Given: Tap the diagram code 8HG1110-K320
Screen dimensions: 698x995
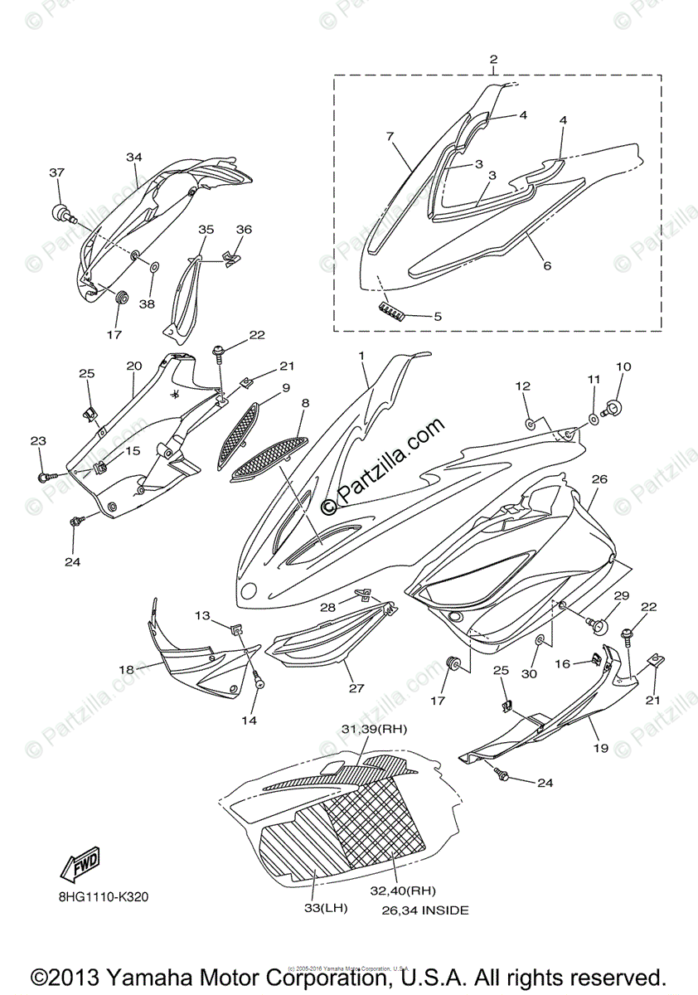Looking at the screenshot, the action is coord(104,896).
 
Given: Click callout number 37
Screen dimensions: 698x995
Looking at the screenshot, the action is coord(56,172).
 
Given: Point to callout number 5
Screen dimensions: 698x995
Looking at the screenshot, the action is coord(438,316).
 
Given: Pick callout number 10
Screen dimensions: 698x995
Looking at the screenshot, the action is coord(623,366).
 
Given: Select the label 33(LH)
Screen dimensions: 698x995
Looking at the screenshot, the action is coord(323,908).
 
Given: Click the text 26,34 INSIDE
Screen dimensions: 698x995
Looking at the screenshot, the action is coord(425,910).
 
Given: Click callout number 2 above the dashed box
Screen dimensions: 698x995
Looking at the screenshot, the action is coord(493,59).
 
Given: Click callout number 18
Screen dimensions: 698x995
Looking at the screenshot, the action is coord(127,669).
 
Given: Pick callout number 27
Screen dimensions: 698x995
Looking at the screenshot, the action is coord(356,687).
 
